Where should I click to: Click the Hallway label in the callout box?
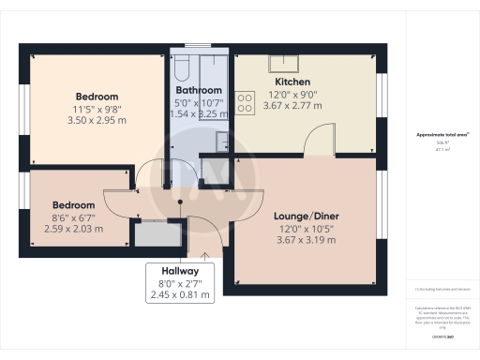point(181,269)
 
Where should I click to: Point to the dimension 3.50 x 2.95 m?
point(97,121)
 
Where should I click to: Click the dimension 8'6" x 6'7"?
point(73,217)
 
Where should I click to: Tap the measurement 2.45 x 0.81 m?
point(181,293)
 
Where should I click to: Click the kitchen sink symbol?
point(282,63)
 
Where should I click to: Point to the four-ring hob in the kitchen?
point(247,101)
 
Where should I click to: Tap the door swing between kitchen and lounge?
point(319,141)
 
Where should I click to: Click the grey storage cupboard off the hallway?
point(150,233)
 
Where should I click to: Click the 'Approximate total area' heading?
point(441,135)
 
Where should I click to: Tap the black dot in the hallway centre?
point(180,200)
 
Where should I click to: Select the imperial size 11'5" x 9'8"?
point(97,109)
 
